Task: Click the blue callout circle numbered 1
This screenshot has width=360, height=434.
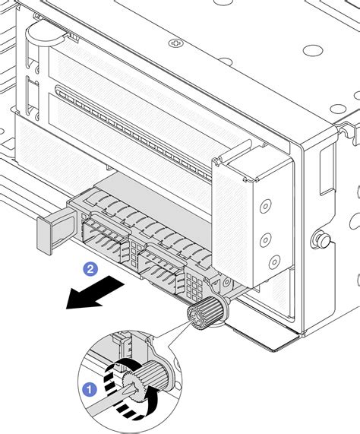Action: click(90, 391)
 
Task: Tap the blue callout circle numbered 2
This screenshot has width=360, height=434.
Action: click(90, 268)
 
